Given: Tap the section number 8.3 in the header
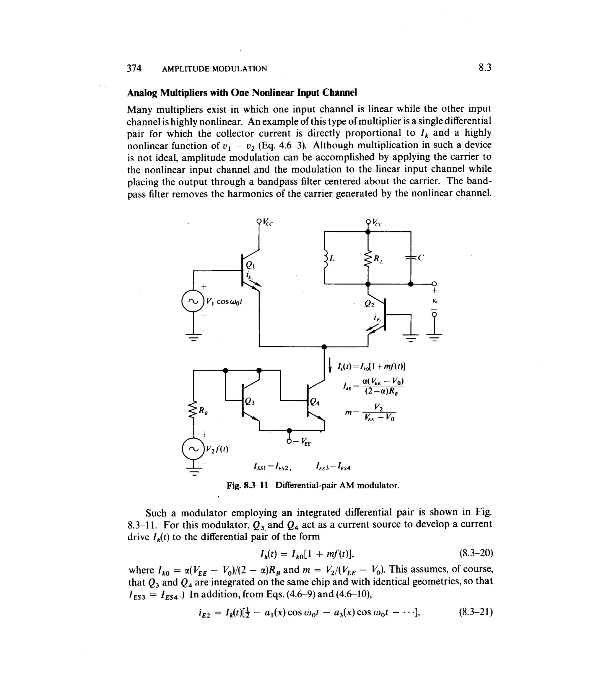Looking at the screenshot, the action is click(485, 68).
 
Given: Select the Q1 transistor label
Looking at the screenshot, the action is click(250, 265).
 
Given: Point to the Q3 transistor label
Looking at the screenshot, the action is click(249, 401).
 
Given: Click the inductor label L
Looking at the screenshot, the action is click(331, 258).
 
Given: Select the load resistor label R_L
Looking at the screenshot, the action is click(378, 259).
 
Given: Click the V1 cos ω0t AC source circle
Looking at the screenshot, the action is click(193, 301).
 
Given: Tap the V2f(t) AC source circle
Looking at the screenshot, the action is click(193, 449).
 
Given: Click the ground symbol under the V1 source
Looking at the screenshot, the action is click(193, 338).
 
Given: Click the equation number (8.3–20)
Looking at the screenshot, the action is click(476, 553).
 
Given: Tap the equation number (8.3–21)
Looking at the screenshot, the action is click(476, 612).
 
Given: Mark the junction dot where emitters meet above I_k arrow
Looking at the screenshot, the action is click(324, 347).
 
